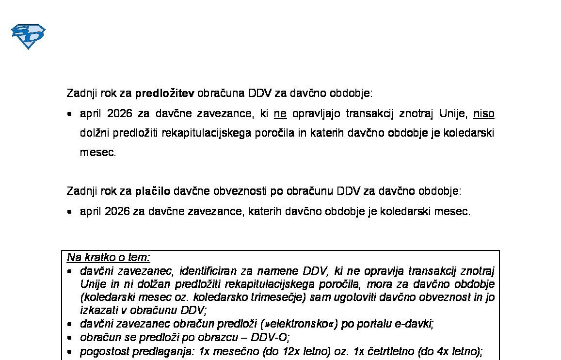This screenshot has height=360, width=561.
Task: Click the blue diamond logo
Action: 28,36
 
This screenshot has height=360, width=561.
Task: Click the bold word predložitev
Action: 164,93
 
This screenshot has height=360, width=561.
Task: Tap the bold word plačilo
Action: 152,191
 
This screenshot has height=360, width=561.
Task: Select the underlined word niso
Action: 483,114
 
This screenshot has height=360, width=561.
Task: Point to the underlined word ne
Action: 280,114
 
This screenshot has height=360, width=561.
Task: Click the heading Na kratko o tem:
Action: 108,257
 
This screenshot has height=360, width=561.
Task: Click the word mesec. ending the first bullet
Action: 98,153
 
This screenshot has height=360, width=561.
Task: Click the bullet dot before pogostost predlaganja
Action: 71,352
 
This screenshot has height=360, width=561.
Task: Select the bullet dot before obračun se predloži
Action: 71,338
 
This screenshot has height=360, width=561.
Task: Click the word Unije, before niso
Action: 453,114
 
